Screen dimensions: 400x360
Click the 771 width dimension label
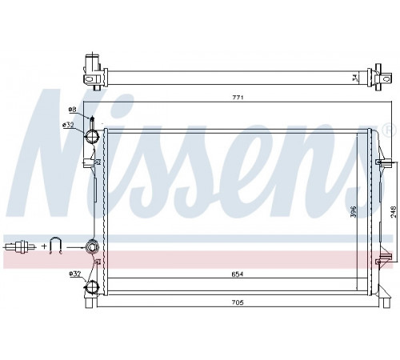click(x=238, y=98)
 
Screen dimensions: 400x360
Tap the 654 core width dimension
click(x=238, y=274)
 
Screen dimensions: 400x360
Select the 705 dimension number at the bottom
click(x=238, y=302)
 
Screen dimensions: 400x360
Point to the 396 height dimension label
click(x=354, y=211)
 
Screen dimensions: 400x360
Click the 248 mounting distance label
click(x=394, y=212)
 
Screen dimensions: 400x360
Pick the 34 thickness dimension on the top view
click(x=355, y=78)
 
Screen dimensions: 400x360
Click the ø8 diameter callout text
click(x=72, y=109)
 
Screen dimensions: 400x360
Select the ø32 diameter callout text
click(x=68, y=125)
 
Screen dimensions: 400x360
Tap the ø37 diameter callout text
click(x=74, y=274)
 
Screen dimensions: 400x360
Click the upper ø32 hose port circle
click(x=92, y=136)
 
